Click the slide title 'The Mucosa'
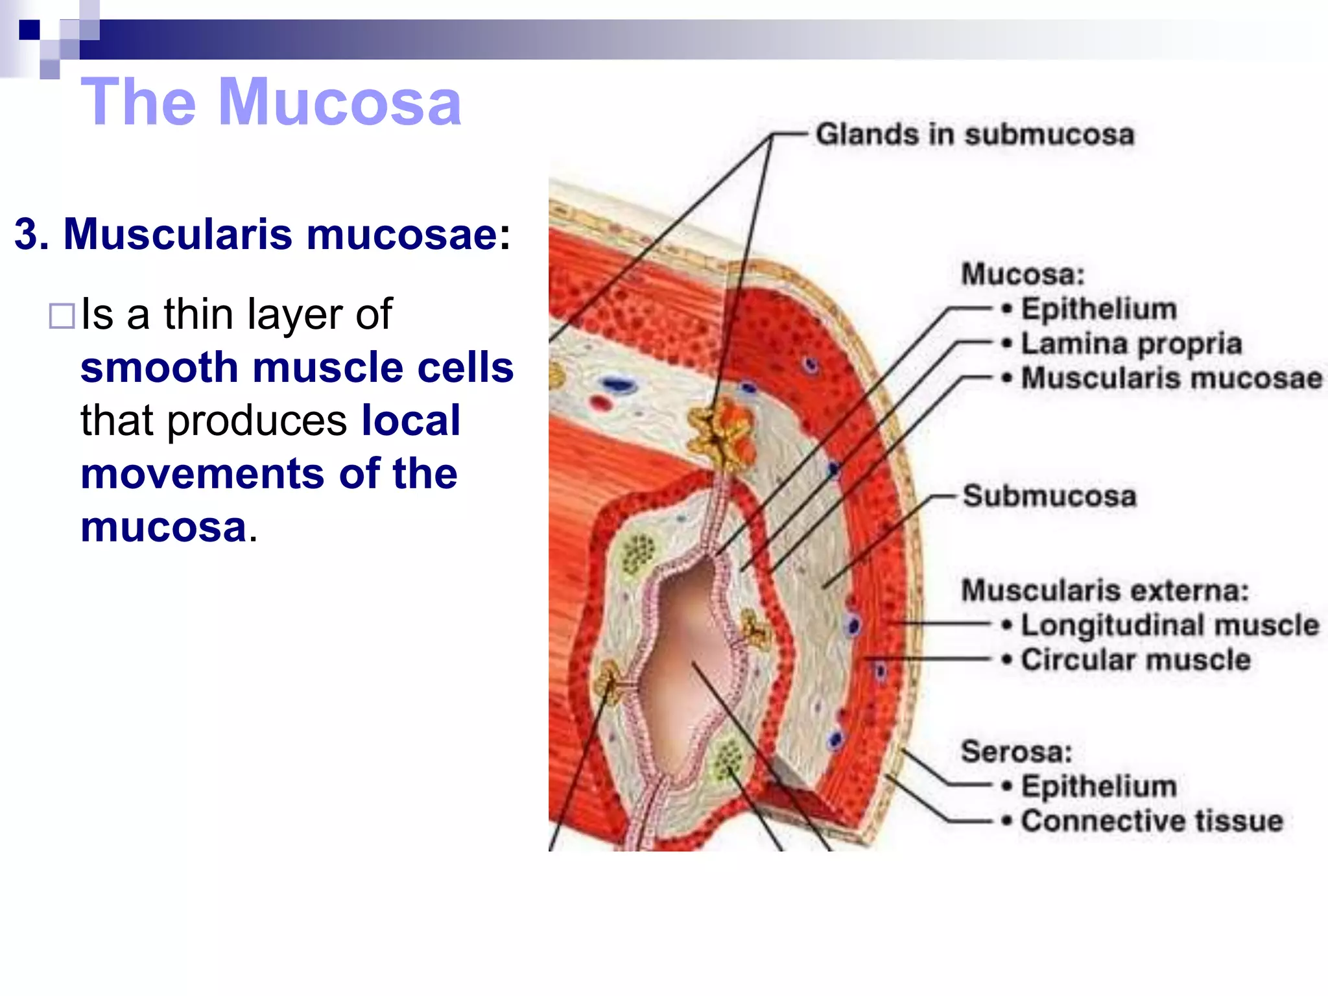pyautogui.click(x=271, y=102)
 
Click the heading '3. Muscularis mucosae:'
pyautogui.click(x=262, y=233)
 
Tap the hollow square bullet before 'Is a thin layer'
pyautogui.click(x=62, y=316)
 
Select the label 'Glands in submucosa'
pyautogui.click(x=975, y=135)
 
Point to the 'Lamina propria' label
pyautogui.click(x=1131, y=344)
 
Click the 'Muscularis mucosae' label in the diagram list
pyautogui.click(x=1171, y=378)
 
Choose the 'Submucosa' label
pyautogui.click(x=1049, y=496)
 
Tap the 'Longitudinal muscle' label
pyautogui.click(x=1170, y=625)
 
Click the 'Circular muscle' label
pyautogui.click(x=1135, y=660)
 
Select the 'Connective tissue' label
pyautogui.click(x=1152, y=821)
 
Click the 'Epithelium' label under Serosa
pyautogui.click(x=1098, y=787)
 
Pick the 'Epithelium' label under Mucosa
pyautogui.click(x=1098, y=309)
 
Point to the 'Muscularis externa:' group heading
pyautogui.click(x=1104, y=591)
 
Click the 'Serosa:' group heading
pyautogui.click(x=1016, y=752)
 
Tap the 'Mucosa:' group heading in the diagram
pyautogui.click(x=1023, y=274)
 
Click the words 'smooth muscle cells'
pyautogui.click(x=297, y=368)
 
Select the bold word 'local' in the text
pyautogui.click(x=410, y=421)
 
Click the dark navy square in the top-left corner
pyautogui.click(x=29, y=30)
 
